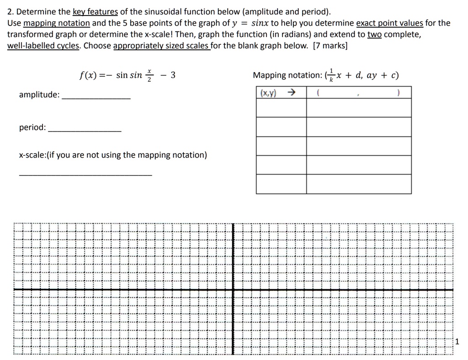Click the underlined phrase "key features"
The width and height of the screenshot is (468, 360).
point(95,11)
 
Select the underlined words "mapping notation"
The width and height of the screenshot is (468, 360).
point(56,23)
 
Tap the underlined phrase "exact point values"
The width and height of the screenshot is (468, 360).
point(389,23)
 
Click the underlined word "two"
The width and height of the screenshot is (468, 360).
point(375,34)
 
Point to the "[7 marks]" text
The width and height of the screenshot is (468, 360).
point(330,46)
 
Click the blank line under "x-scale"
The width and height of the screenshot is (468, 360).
point(85,174)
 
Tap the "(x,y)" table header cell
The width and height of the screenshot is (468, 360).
point(268,93)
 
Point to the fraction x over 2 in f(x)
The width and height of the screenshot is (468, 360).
point(149,76)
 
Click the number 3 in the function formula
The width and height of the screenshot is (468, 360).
point(173,75)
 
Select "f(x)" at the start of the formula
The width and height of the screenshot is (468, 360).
point(87,76)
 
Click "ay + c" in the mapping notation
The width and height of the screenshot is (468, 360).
point(382,75)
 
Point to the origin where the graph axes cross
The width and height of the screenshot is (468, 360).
point(233,289)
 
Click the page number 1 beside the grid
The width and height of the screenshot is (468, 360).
point(457,341)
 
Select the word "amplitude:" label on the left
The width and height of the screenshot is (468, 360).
point(39,95)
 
